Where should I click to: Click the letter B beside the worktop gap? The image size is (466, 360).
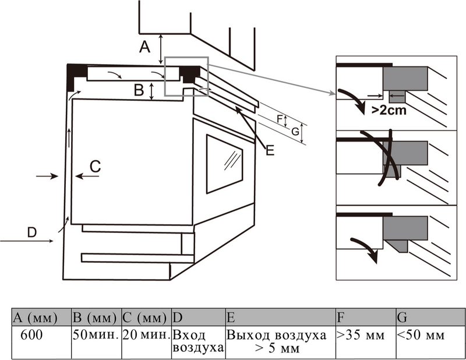[139, 90]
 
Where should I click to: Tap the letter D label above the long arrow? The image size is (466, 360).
[32, 232]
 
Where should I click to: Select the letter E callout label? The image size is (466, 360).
[269, 151]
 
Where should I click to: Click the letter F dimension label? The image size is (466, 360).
[280, 120]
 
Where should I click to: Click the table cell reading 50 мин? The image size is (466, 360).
[96, 336]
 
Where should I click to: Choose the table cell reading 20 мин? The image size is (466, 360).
[146, 336]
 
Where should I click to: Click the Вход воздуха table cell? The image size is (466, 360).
[198, 342]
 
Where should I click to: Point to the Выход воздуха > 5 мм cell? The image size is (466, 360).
[280, 342]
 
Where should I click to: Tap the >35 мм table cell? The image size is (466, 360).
[365, 336]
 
